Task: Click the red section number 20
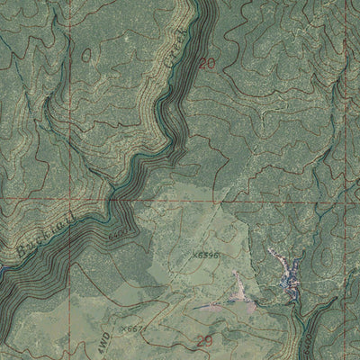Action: (x=208, y=64)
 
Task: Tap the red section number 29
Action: (x=203, y=338)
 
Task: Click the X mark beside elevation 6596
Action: (x=193, y=255)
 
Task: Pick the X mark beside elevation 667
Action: (x=122, y=330)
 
